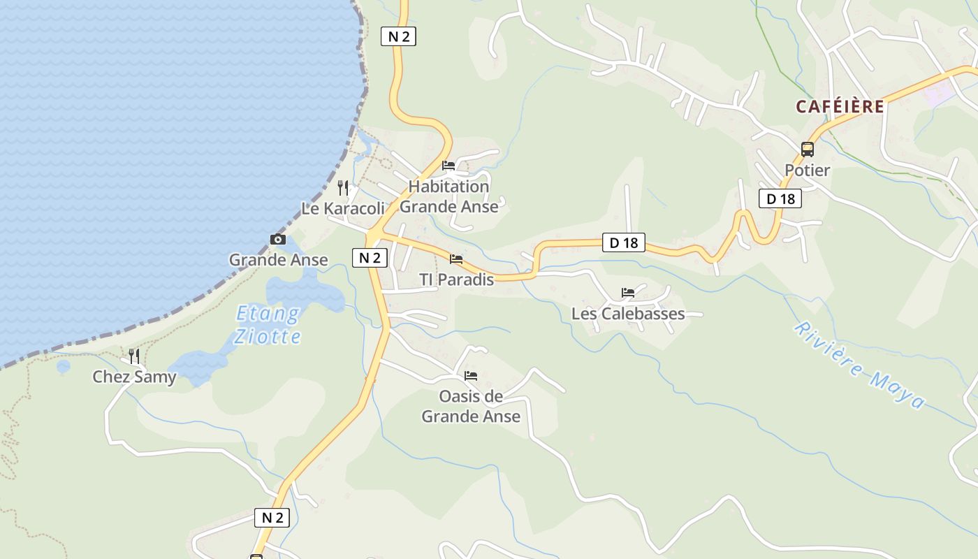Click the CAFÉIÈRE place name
pyautogui.click(x=840, y=106)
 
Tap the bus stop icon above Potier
pyautogui.click(x=808, y=149)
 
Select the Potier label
pyautogui.click(x=808, y=170)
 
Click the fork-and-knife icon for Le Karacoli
pyautogui.click(x=343, y=187)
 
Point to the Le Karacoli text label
pyautogui.click(x=343, y=208)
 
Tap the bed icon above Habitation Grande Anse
pyautogui.click(x=448, y=166)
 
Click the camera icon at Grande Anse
pyautogui.click(x=278, y=240)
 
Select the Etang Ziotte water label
pyautogui.click(x=268, y=325)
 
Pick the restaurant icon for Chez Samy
pyautogui.click(x=133, y=356)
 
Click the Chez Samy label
pyautogui.click(x=134, y=377)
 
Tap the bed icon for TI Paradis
pyautogui.click(x=456, y=259)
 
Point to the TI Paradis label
pyautogui.click(x=456, y=279)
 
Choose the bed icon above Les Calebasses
pyautogui.click(x=628, y=293)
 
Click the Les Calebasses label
pyautogui.click(x=628, y=314)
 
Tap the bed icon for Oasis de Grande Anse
pyautogui.click(x=471, y=376)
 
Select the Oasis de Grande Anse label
pyautogui.click(x=471, y=407)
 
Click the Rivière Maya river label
pyautogui.click(x=859, y=365)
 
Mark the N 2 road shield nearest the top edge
pyautogui.click(x=398, y=36)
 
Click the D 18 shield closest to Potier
pyautogui.click(x=780, y=198)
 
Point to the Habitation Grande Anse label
pyautogui.click(x=449, y=196)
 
